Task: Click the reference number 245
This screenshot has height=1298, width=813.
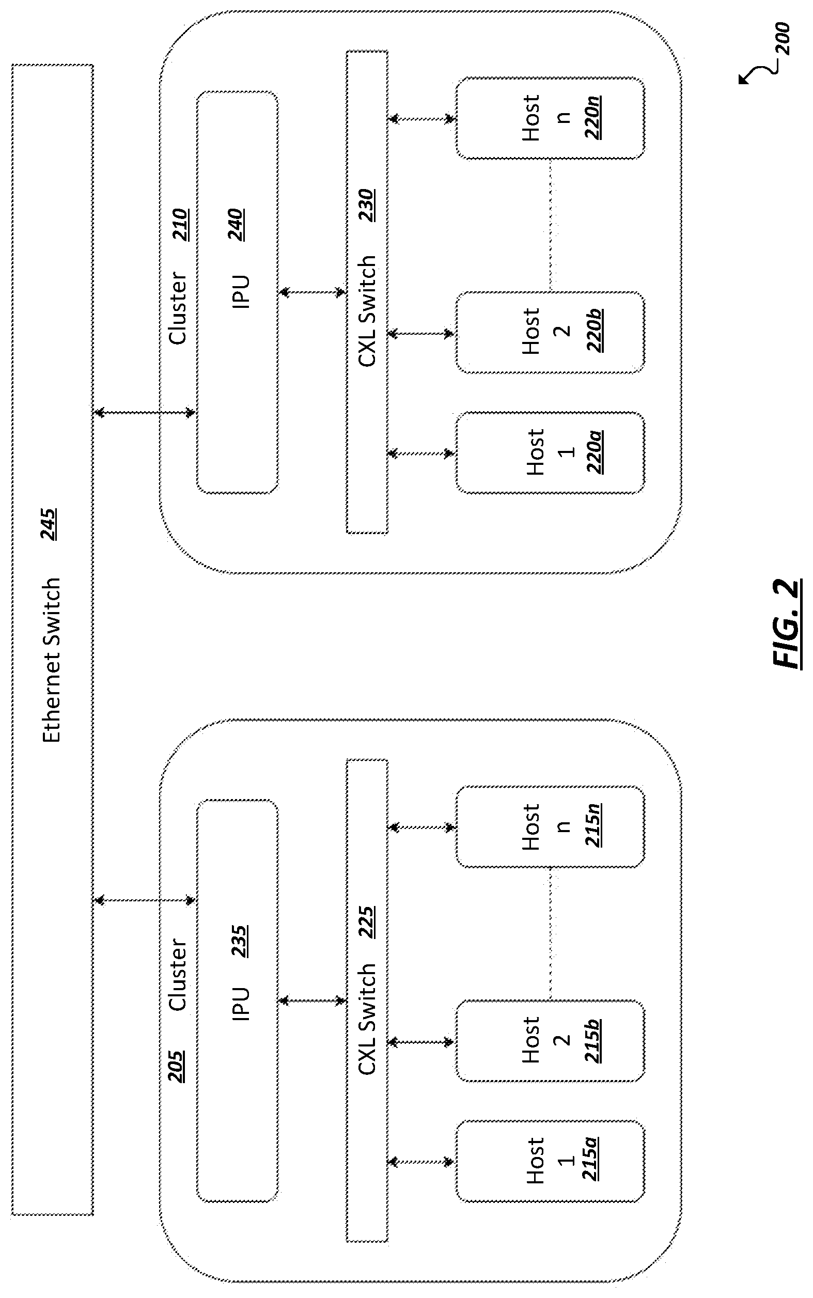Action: click(x=49, y=524)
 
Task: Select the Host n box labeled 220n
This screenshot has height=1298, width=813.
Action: click(x=550, y=118)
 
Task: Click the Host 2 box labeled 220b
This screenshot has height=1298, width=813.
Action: click(x=550, y=332)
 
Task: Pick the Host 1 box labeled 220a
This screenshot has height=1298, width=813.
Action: click(x=550, y=453)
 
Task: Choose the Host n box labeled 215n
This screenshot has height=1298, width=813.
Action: click(x=550, y=827)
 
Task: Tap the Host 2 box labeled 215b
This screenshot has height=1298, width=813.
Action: click(x=550, y=1041)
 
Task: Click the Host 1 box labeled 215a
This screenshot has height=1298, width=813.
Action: click(x=550, y=1162)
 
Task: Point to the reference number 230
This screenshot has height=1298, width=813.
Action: click(x=367, y=206)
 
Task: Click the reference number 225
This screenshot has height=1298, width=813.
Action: click(x=367, y=922)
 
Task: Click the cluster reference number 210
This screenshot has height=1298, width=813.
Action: click(x=180, y=225)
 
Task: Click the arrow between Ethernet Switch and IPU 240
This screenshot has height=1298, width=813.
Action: click(x=145, y=413)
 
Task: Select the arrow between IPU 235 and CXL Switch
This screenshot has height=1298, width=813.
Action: click(x=312, y=1000)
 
